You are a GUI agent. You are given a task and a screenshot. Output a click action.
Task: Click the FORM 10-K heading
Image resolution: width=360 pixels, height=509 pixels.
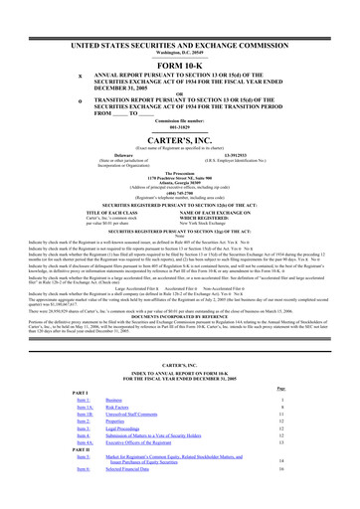tap(179, 66)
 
